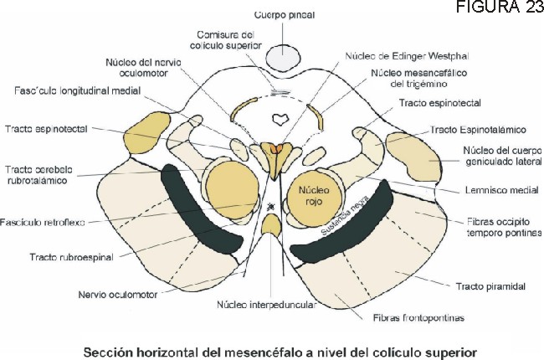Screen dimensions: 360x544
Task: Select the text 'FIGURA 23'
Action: (508, 8)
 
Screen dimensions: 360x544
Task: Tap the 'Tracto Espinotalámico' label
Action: (478, 130)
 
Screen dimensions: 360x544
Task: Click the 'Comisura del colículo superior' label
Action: (231, 40)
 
